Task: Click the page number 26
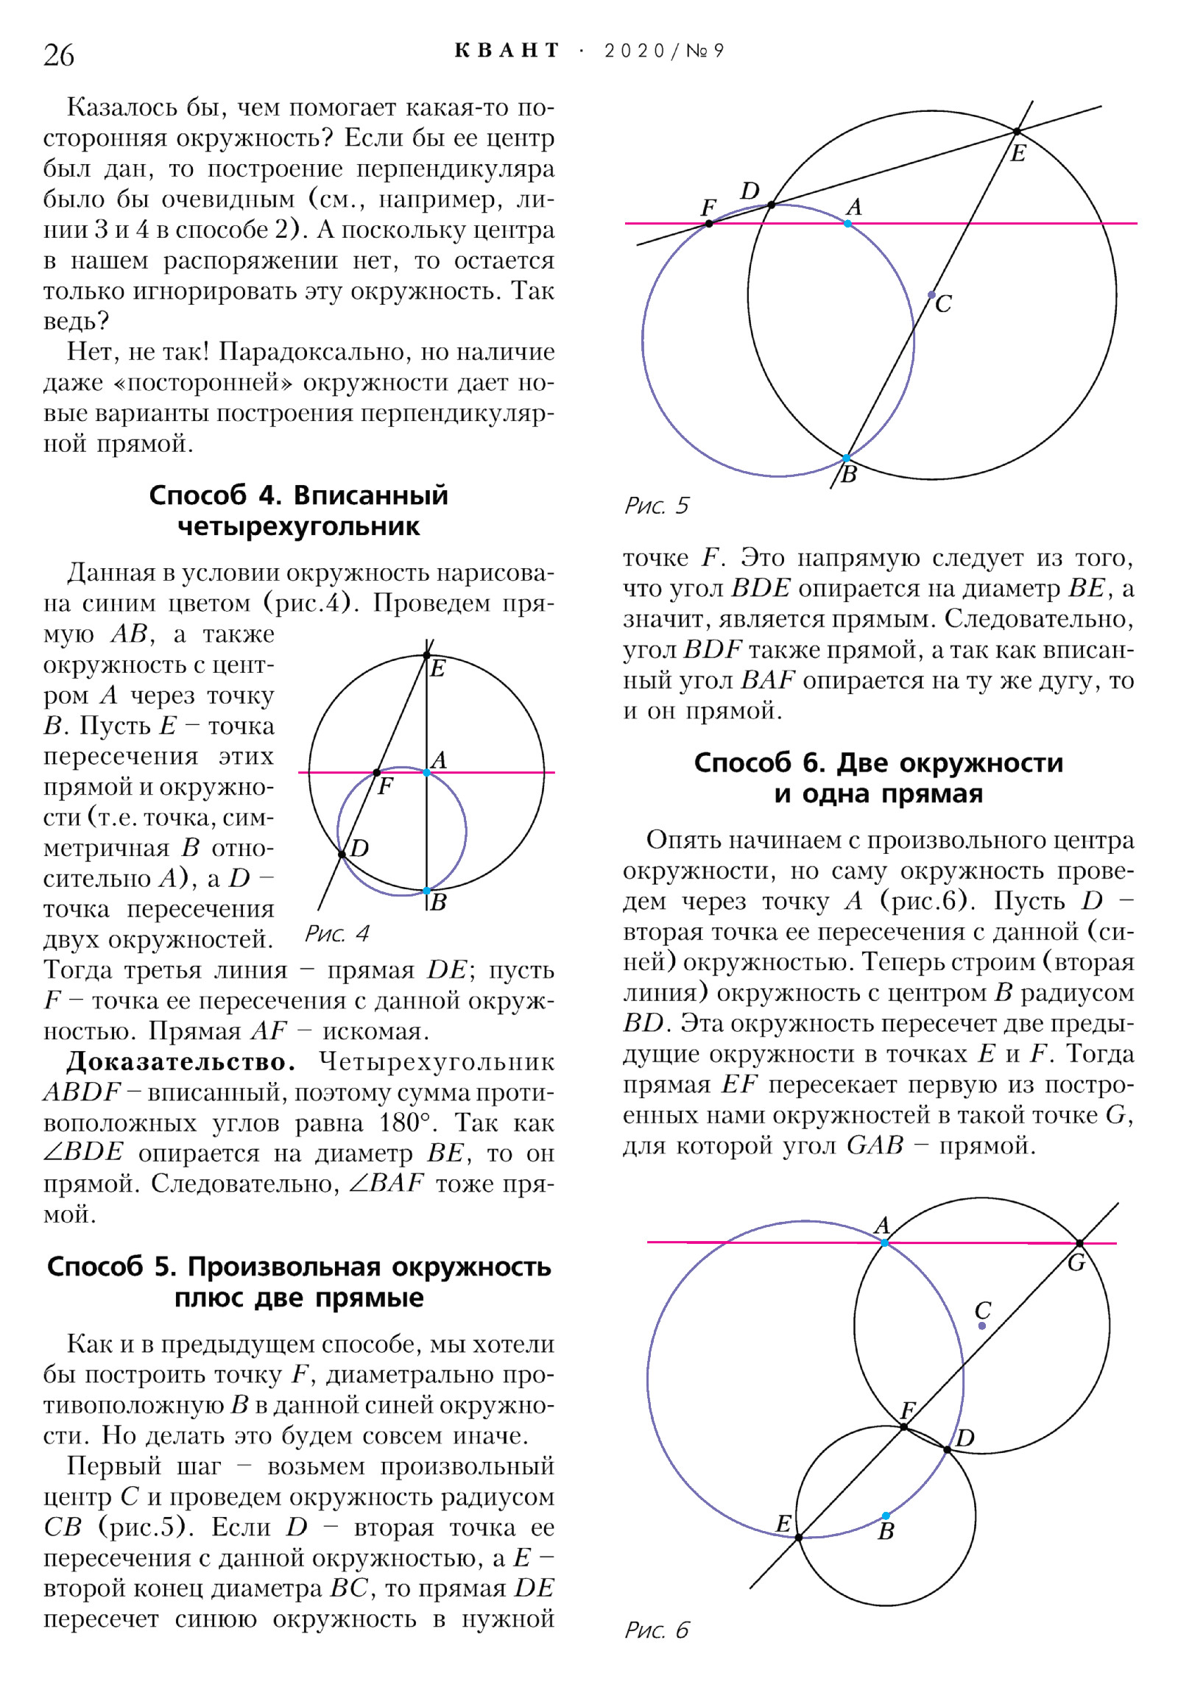(x=59, y=55)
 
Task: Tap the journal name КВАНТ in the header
(x=507, y=51)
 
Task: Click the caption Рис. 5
(x=657, y=506)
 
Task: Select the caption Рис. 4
(x=337, y=933)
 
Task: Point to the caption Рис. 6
(x=657, y=1630)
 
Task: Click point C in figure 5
(x=931, y=294)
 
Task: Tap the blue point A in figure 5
(x=848, y=223)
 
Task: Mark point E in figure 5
(x=1017, y=131)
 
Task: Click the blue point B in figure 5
(x=847, y=458)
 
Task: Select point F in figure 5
(x=709, y=223)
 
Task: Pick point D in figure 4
(x=342, y=855)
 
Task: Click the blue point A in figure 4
(x=426, y=772)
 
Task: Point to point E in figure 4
(x=427, y=655)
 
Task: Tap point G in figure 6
(x=1079, y=1243)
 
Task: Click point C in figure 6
(x=982, y=1326)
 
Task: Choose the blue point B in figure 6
(x=886, y=1516)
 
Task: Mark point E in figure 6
(x=799, y=1537)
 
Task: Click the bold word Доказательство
(x=181, y=1061)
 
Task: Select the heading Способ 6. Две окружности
(x=878, y=763)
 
